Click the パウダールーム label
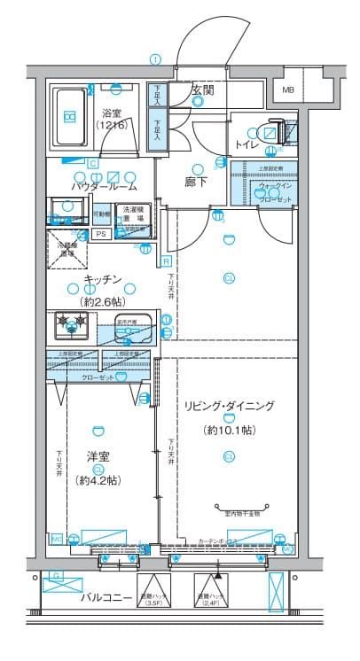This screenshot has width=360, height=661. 104,187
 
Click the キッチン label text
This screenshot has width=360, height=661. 102,280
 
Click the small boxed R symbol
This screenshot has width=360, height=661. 166,261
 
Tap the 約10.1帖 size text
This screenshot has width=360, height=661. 229,430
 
